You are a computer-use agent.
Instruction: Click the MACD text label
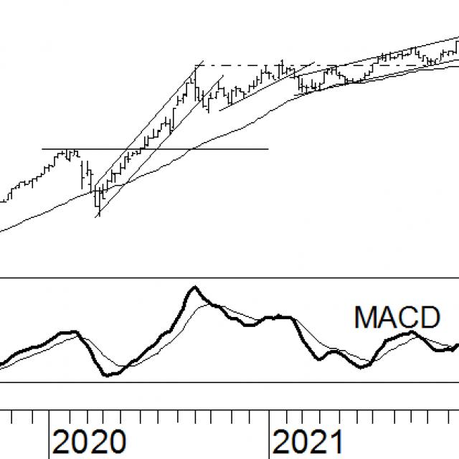(397, 316)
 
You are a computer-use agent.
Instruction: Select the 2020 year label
(89, 442)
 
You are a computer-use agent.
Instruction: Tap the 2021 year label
(309, 442)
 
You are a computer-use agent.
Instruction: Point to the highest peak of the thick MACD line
(194, 288)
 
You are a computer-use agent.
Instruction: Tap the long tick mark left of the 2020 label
(49, 434)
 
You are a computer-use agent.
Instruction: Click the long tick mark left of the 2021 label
(269, 434)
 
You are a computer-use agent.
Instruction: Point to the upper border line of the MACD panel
(229, 278)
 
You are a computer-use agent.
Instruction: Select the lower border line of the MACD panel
(229, 382)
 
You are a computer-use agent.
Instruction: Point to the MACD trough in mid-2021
(362, 366)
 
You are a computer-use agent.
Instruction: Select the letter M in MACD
(364, 316)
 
